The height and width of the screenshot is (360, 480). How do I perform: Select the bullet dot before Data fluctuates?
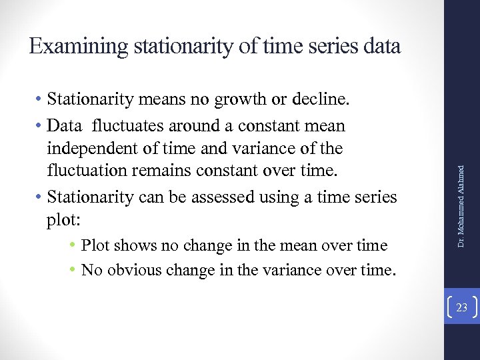[x=41, y=125]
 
